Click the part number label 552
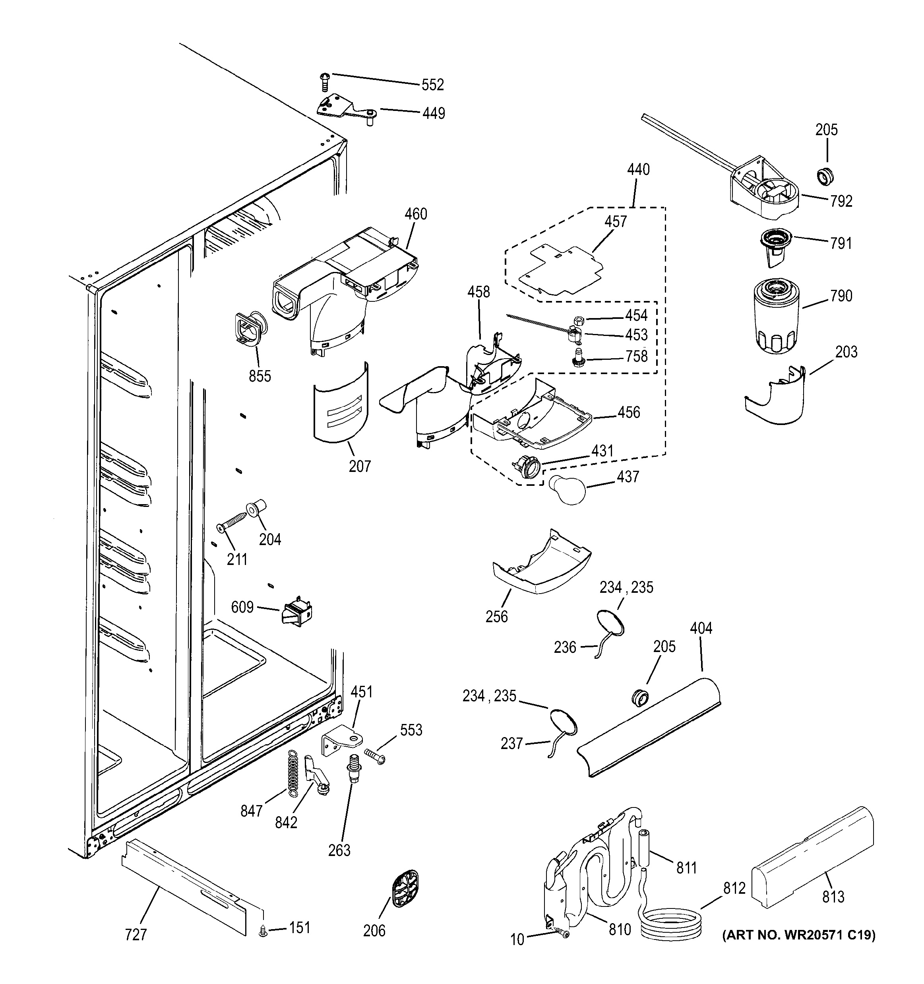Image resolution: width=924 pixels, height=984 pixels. (432, 85)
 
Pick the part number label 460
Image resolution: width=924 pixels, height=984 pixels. (416, 214)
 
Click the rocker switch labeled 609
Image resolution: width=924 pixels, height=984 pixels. (296, 614)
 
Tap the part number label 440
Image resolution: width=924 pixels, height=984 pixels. (638, 170)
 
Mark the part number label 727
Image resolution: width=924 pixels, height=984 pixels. (136, 935)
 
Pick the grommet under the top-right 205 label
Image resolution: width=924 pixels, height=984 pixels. (825, 176)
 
